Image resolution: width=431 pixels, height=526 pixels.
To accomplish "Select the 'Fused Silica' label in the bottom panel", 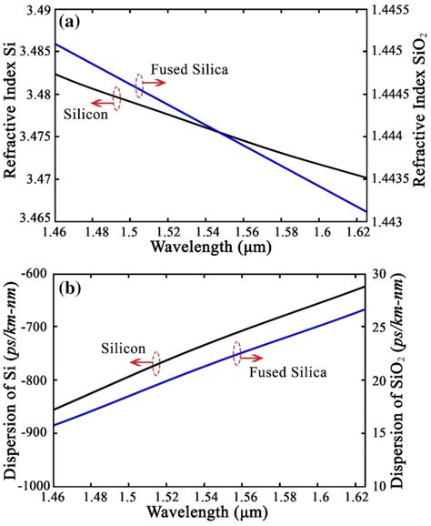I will (288, 372).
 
